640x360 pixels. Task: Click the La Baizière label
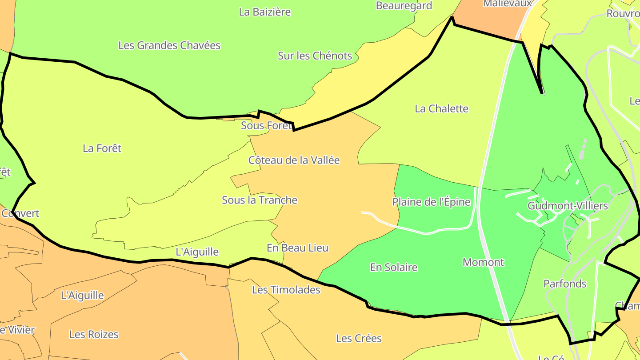tap(265, 12)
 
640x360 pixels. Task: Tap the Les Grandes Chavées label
tap(169, 45)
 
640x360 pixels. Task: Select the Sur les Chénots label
tap(315, 56)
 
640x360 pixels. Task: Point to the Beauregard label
tap(404, 6)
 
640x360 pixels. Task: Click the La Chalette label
tap(441, 108)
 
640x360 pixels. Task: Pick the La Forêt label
tap(102, 148)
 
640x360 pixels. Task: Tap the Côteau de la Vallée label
tap(294, 160)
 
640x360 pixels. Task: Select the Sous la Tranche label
tap(260, 200)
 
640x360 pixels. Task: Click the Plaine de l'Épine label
tap(431, 202)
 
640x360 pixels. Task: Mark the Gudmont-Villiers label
tap(568, 206)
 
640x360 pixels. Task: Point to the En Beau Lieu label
tap(297, 248)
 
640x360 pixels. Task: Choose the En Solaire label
tap(394, 268)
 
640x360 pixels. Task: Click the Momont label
tap(483, 262)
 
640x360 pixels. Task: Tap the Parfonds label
tap(565, 284)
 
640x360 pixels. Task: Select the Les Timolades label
tap(286, 290)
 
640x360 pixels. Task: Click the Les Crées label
tap(359, 338)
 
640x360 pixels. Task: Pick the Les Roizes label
tap(94, 334)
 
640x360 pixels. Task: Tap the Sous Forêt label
tap(266, 126)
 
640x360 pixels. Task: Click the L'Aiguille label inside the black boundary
tap(197, 252)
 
